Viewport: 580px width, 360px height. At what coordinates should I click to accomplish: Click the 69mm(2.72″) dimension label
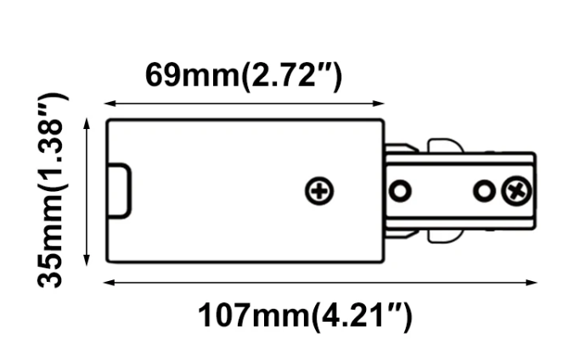coord(244,76)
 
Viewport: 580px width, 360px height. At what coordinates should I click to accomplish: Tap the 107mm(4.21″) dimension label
coord(305,316)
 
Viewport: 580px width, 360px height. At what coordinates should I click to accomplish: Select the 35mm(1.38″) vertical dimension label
coord(53,190)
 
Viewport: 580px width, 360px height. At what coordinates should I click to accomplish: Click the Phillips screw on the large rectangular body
coord(319,191)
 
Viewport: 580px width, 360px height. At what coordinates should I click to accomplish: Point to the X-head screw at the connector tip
coord(516,191)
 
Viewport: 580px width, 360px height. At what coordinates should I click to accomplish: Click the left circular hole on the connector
coord(400,191)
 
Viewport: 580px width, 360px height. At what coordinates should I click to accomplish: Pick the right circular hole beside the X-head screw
coord(484,191)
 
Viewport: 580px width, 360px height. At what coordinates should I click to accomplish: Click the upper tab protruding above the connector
coord(445,145)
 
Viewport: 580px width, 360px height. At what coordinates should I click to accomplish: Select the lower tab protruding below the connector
coord(445,236)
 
